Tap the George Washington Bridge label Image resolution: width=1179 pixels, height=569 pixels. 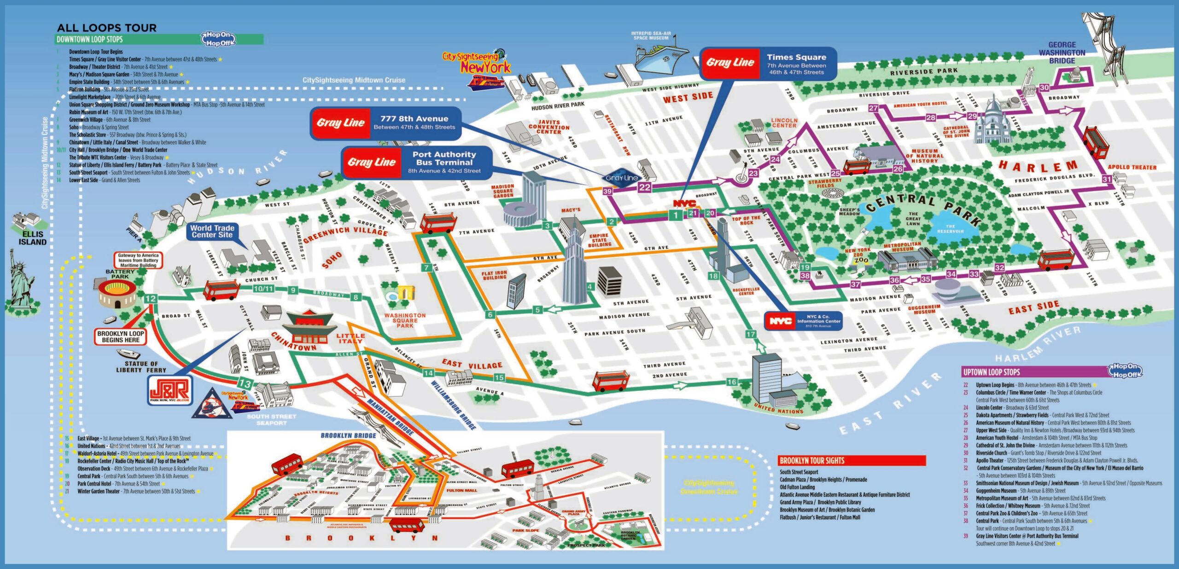pyautogui.click(x=1062, y=52)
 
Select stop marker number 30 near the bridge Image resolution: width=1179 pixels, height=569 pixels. pyautogui.click(x=1045, y=87)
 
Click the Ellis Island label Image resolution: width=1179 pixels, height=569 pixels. pyautogui.click(x=32, y=238)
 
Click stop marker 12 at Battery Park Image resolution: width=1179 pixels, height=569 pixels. pyautogui.click(x=150, y=298)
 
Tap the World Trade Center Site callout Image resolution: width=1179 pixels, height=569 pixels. pyautogui.click(x=212, y=231)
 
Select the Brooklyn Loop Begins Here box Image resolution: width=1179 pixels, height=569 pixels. pyautogui.click(x=121, y=337)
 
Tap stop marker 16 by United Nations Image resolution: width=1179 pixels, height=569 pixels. pyautogui.click(x=732, y=382)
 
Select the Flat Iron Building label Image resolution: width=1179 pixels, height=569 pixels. pyautogui.click(x=494, y=275)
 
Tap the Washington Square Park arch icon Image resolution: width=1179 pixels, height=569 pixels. pyautogui.click(x=405, y=293)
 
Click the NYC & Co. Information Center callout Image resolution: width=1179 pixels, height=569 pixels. pyautogui.click(x=803, y=320)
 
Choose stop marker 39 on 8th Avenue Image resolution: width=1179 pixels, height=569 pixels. pyautogui.click(x=607, y=191)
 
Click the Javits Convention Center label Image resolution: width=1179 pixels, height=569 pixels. pyautogui.click(x=549, y=127)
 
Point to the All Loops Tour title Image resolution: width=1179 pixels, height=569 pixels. pyautogui.click(x=106, y=28)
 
